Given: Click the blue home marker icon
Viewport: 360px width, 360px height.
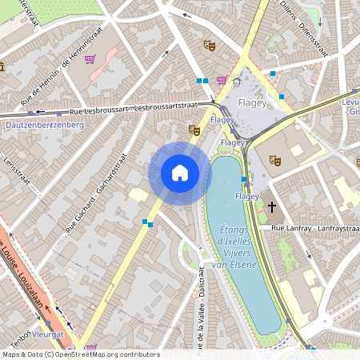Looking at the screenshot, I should pyautogui.click(x=180, y=173).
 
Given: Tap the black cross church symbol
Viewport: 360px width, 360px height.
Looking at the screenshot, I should pyautogui.click(x=272, y=207).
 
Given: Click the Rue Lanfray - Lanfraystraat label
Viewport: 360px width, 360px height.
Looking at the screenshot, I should pyautogui.click(x=313, y=230).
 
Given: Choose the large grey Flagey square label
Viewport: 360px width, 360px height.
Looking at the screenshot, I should pyautogui.click(x=257, y=102).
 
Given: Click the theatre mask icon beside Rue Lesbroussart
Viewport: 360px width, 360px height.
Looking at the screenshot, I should pyautogui.click(x=193, y=129).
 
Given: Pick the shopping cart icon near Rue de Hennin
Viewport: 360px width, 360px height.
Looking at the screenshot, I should pyautogui.click(x=90, y=58).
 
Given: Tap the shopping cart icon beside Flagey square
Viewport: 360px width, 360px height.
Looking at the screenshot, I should pyautogui.click(x=222, y=80).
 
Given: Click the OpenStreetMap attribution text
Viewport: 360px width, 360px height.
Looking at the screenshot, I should pyautogui.click(x=80, y=354).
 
